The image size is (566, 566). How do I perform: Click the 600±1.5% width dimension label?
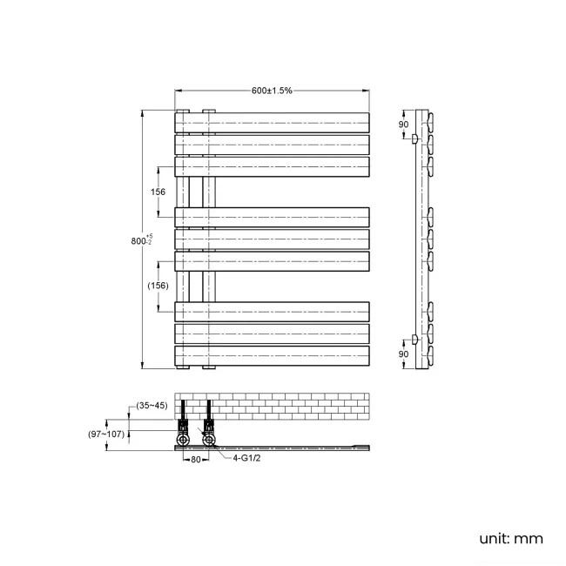272,91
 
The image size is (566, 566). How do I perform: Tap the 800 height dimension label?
141,240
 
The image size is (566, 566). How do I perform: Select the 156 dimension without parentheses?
158,192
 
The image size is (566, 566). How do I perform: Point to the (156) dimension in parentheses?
158,286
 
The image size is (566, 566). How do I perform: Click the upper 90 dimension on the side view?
403,125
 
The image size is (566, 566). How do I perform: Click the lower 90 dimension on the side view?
403,354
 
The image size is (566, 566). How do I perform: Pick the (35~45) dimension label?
152,406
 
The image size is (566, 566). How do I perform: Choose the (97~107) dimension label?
106,434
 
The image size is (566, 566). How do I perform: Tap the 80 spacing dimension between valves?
196,460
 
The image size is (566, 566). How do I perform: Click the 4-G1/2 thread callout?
246,458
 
